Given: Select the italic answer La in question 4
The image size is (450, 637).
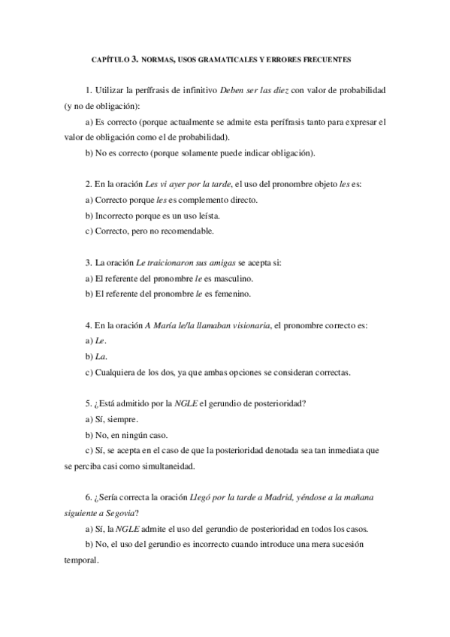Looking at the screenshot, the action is click(98, 356).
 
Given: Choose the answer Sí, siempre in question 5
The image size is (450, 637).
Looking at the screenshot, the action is click(116, 419).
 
